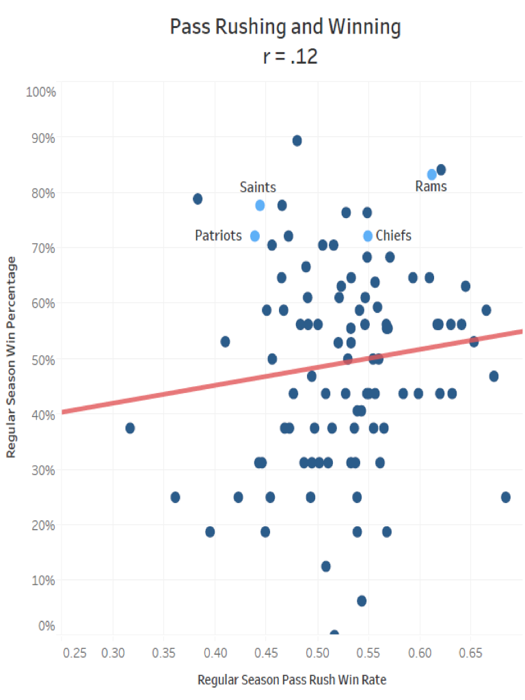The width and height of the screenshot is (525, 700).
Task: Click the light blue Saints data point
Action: [260, 205]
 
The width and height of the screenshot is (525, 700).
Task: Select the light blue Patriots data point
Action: [255, 236]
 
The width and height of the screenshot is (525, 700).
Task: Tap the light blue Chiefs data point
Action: [368, 236]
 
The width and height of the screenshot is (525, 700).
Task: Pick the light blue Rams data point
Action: [432, 174]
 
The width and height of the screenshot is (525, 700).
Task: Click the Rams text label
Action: [431, 187]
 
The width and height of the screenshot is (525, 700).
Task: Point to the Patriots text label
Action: [218, 236]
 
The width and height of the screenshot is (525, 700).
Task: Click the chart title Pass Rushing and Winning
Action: [285, 28]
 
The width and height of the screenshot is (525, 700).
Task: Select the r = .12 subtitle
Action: [290, 57]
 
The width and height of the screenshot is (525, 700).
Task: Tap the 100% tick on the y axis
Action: [40, 92]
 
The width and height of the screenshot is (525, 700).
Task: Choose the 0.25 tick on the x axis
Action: [75, 653]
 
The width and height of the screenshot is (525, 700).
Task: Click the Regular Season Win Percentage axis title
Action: [12, 357]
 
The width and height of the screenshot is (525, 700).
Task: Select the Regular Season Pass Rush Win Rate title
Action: [286, 680]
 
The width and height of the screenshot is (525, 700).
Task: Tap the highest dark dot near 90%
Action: [297, 141]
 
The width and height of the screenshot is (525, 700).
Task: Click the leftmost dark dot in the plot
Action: [130, 428]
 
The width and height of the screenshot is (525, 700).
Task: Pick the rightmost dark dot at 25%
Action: [506, 497]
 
